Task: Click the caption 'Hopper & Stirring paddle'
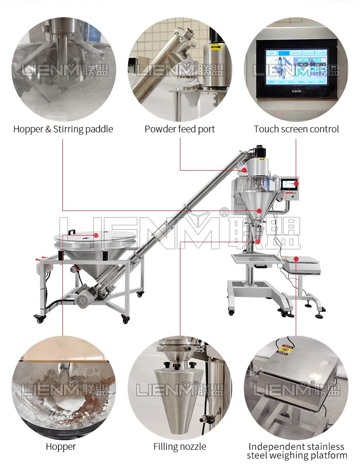click(x=63, y=129)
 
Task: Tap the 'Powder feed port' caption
click(x=180, y=129)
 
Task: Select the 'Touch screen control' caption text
click(x=296, y=129)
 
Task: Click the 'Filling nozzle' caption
click(x=180, y=446)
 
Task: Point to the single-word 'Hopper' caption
click(x=61, y=446)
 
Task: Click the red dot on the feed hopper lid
click(x=96, y=235)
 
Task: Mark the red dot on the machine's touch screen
click(x=296, y=183)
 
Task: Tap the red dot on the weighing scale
click(x=296, y=259)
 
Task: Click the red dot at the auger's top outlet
click(x=244, y=170)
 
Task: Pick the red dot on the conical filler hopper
click(x=259, y=210)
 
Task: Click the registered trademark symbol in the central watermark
click(x=224, y=211)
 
